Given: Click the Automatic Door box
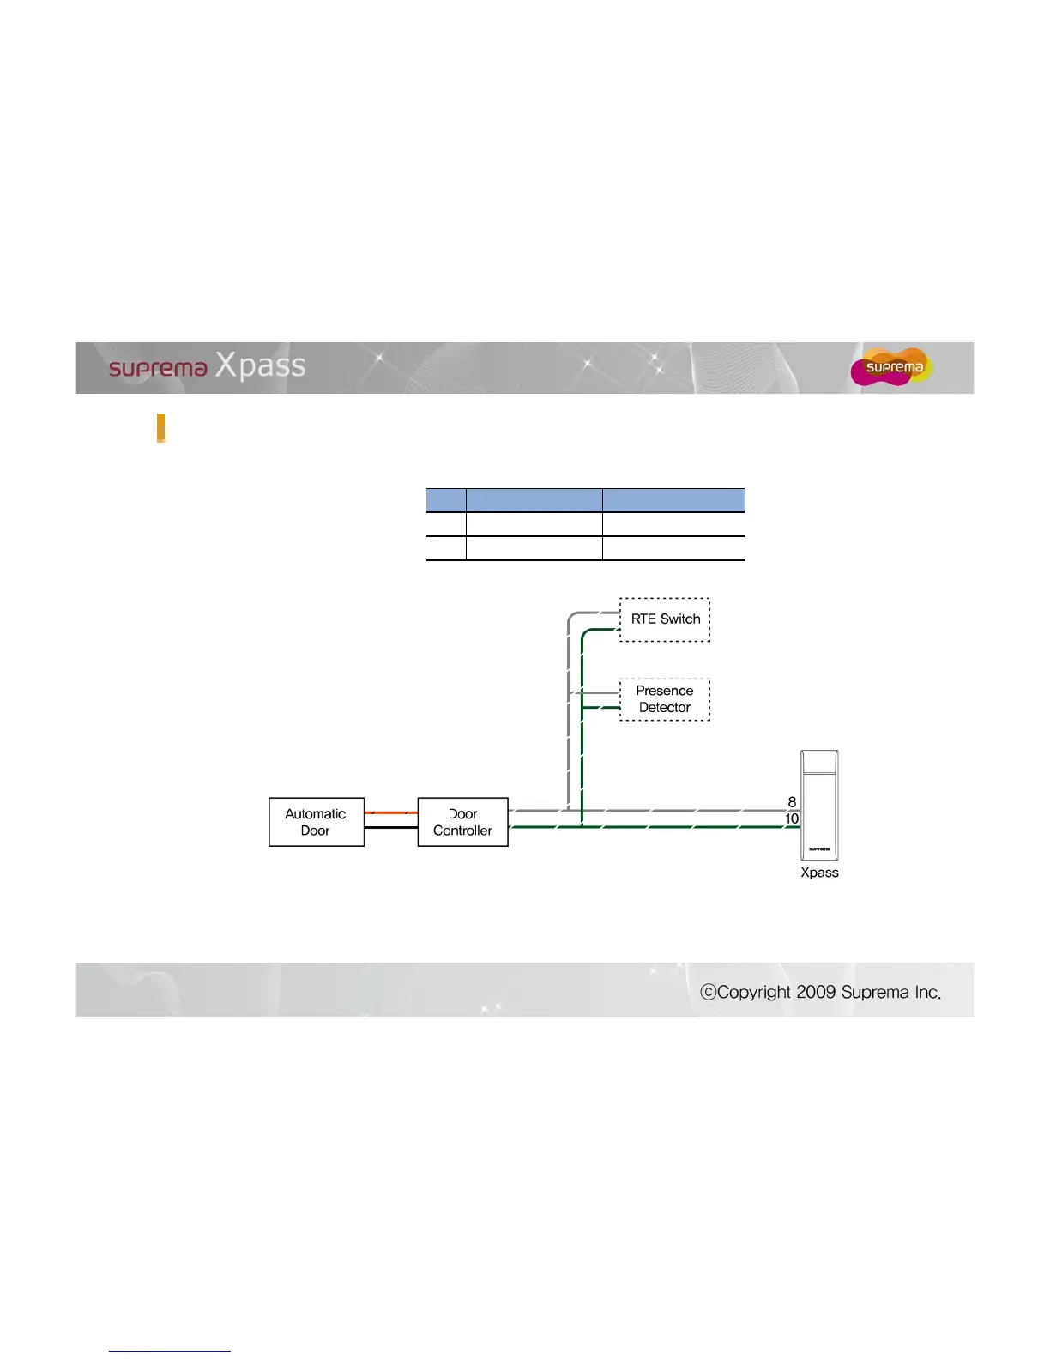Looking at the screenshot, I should click(x=316, y=822).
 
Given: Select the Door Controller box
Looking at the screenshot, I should click(x=462, y=822).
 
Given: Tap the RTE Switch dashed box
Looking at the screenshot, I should click(x=665, y=619).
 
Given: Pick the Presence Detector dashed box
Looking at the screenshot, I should click(x=665, y=699).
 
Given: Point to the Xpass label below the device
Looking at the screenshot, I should click(x=819, y=873).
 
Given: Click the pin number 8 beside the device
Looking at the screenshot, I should click(x=792, y=802).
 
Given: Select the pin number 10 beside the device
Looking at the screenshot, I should click(x=792, y=819).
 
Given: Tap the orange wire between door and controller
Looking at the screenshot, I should click(x=390, y=812).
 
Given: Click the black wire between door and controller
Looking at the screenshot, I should click(x=390, y=828).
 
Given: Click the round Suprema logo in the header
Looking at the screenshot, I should click(x=892, y=367).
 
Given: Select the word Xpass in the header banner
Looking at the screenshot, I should click(x=260, y=365).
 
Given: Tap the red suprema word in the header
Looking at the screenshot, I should click(x=158, y=369).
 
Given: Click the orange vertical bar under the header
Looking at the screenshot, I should click(x=160, y=427).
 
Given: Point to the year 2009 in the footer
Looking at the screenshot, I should click(x=815, y=993).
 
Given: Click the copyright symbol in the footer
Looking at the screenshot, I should click(x=708, y=993).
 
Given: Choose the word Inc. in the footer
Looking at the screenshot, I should click(x=927, y=993).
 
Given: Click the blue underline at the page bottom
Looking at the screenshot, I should click(x=170, y=1351).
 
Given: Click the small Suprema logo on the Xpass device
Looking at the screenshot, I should click(x=818, y=849).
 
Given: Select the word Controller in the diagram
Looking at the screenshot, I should click(x=462, y=830).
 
